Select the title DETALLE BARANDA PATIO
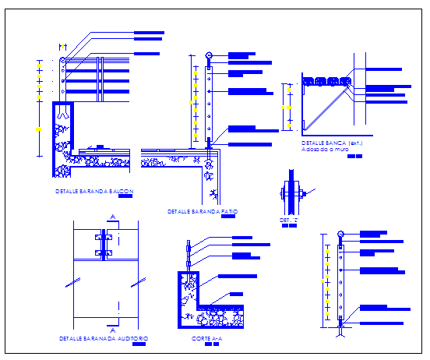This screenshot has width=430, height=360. (203, 211)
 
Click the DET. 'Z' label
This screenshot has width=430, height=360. (288, 220)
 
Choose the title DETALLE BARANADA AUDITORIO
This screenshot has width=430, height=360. (104, 338)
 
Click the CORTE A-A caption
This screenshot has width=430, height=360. (207, 339)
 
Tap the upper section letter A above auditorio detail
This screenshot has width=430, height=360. (113, 217)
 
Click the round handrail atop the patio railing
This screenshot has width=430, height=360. (209, 55)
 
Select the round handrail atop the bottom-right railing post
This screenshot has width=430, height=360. (340, 235)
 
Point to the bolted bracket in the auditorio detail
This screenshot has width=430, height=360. (104, 242)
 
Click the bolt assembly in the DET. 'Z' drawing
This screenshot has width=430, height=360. (290, 192)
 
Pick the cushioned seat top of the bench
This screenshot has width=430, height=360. (325, 79)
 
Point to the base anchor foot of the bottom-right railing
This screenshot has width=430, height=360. (341, 328)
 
